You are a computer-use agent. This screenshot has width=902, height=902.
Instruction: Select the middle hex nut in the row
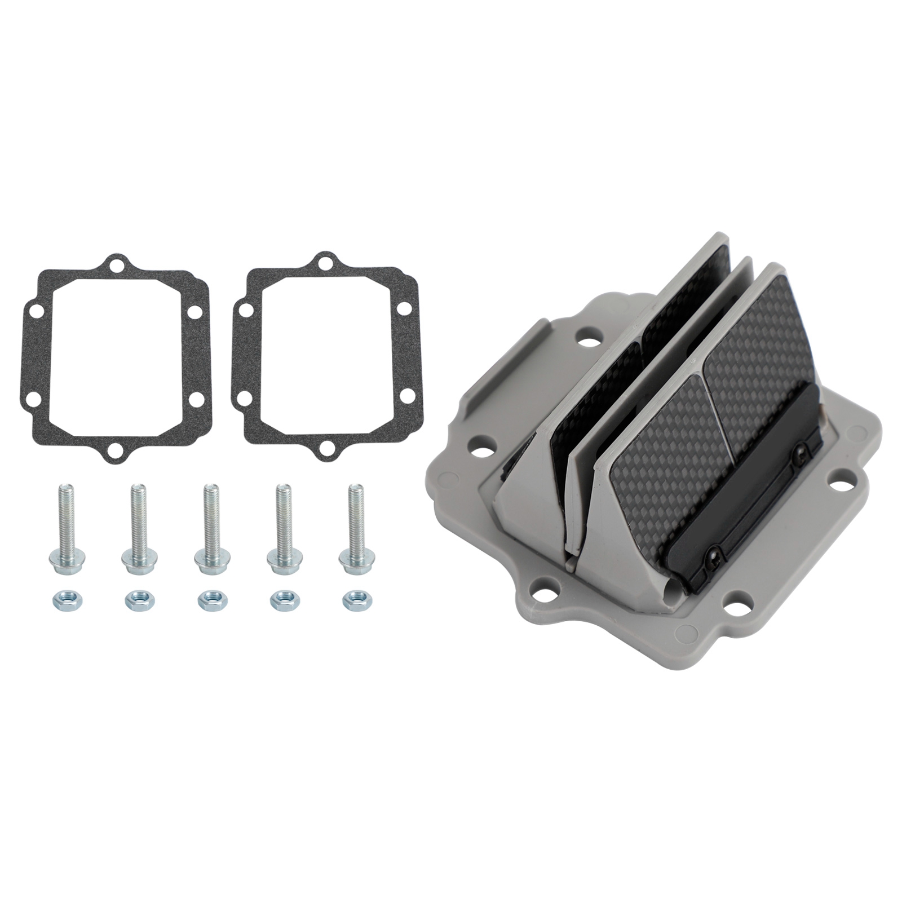(210, 599)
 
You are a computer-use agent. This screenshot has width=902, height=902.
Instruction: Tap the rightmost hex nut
(354, 599)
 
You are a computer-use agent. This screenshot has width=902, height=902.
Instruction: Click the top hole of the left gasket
(116, 266)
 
